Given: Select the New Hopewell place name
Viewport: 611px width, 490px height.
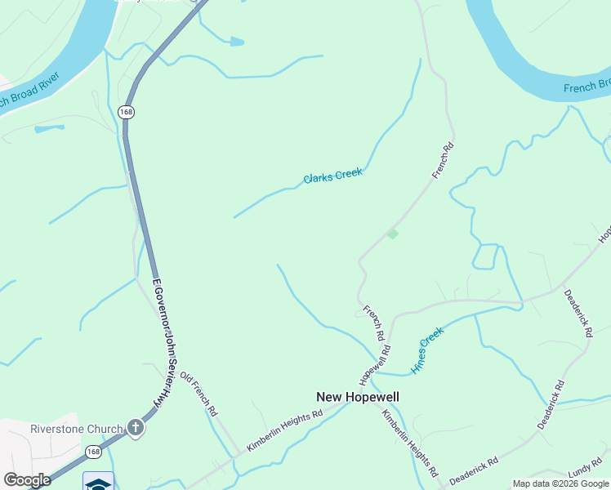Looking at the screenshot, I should coord(358,397).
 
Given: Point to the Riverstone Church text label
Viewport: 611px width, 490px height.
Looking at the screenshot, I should coord(76,428).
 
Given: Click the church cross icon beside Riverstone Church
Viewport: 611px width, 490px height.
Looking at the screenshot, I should coord(136,427).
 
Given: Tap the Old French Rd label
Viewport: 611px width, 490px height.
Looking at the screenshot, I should coord(198,394).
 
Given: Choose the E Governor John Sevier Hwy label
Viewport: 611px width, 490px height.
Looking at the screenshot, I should coord(167,342).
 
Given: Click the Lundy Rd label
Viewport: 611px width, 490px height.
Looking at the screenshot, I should coord(585,471).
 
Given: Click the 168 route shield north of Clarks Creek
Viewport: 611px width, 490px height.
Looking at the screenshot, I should coord(126,112).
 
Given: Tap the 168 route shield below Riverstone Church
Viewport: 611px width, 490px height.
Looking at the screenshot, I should coord(94,452).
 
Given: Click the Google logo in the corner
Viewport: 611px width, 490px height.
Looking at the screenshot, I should coord(27,480).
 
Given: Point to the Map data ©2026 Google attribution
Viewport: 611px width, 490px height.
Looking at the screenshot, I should coord(560,483).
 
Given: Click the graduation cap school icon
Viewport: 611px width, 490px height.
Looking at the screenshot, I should coord(98,482).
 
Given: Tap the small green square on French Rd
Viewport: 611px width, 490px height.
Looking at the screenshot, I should coord(393,234).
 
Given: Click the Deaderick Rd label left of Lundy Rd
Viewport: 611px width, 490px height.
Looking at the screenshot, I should coord(475,471).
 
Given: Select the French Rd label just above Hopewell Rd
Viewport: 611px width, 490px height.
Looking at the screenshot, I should coord(373,323).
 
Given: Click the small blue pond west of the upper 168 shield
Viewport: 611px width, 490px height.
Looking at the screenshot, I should coord(49,128).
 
